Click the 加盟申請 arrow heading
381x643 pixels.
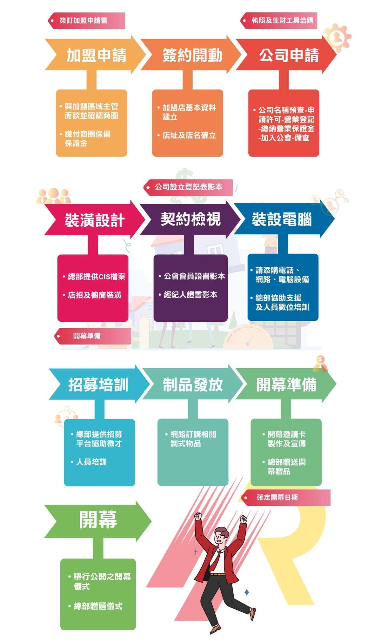coord(96,55)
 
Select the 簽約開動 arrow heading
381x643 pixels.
coord(192,55)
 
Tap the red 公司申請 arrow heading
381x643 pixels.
coord(288,55)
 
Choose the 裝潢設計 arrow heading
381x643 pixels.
coord(94,220)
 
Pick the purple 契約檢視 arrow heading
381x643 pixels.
coord(190,219)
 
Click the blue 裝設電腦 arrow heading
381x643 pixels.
coord(282,219)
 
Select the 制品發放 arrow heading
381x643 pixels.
coord(193,385)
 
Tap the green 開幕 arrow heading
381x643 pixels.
coord(98,520)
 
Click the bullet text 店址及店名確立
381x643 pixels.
coord(189,136)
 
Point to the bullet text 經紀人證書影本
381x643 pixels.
coord(190,295)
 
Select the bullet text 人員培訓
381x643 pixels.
coord(91,462)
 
